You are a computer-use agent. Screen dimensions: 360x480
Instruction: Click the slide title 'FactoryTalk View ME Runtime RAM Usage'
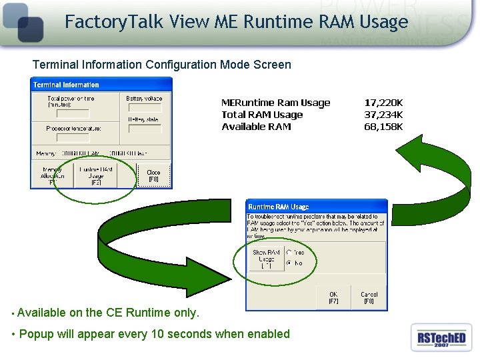point(236,23)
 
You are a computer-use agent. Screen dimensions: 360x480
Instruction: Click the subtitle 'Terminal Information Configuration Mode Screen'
point(162,65)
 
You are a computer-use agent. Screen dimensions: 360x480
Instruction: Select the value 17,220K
point(383,103)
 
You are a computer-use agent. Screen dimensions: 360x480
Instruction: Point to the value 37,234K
point(383,115)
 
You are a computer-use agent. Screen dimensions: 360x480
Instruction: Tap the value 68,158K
point(383,127)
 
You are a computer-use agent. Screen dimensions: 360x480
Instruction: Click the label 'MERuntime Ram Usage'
point(275,103)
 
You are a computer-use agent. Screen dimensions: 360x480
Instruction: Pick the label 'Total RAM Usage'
point(262,115)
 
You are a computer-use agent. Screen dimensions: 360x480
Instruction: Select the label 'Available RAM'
point(256,127)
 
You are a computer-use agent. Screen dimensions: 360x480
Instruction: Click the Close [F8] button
point(153,175)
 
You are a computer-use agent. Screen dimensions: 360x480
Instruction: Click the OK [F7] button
point(333,298)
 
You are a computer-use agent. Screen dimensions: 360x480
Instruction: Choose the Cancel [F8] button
point(369,298)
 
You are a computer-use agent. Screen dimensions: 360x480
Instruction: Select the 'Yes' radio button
point(289,253)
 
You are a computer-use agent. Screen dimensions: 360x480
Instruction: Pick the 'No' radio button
point(289,263)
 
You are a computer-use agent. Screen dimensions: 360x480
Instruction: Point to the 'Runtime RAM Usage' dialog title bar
point(317,207)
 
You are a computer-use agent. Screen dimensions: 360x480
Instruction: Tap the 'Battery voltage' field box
point(144,108)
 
